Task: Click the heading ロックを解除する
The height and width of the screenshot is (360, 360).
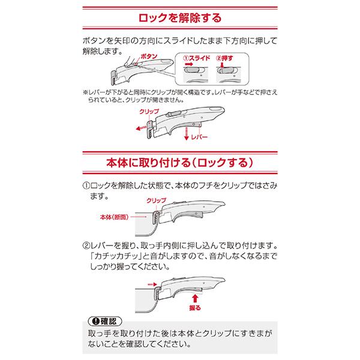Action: coord(179,16)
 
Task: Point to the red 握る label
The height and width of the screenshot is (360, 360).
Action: coord(195,307)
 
